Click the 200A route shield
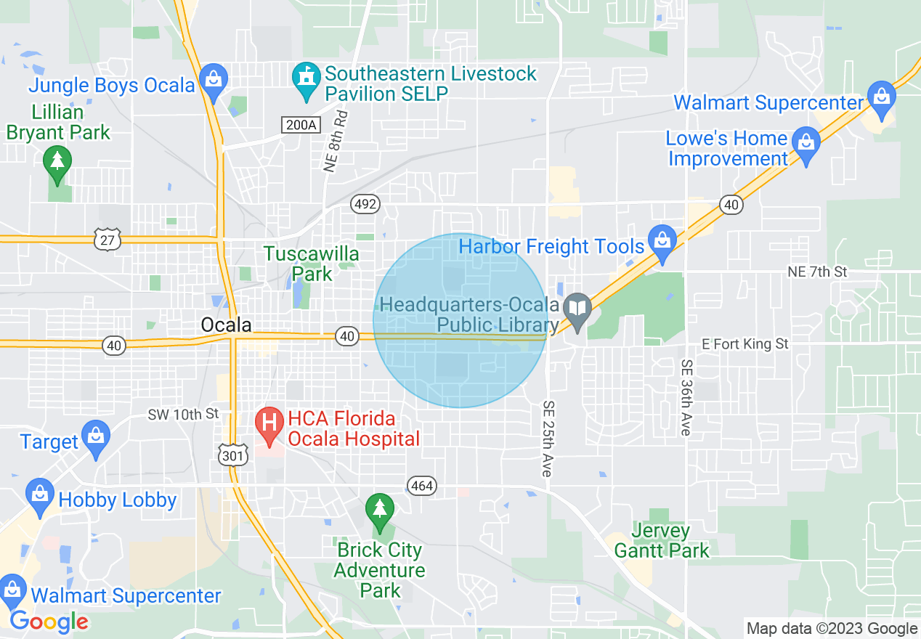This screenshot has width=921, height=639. click(x=301, y=125)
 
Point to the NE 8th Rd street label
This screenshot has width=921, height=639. click(x=335, y=141)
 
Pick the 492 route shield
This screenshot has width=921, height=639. click(x=365, y=204)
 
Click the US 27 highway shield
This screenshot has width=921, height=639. click(x=107, y=240)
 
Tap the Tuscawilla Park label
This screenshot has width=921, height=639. click(x=312, y=264)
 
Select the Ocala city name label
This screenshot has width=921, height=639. click(x=227, y=325)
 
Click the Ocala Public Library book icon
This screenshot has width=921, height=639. click(x=577, y=308)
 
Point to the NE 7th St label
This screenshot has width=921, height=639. click(x=817, y=272)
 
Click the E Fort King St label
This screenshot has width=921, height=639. click(x=745, y=343)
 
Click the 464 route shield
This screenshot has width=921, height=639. click(x=421, y=486)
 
